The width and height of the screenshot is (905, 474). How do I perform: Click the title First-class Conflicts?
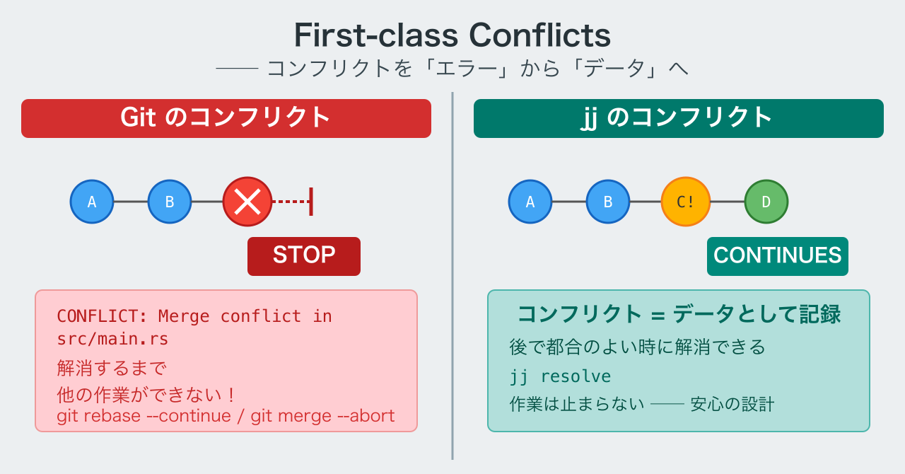(x=452, y=35)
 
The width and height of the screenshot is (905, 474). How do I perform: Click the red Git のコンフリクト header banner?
(x=226, y=119)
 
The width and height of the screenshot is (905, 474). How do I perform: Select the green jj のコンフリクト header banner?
(x=679, y=119)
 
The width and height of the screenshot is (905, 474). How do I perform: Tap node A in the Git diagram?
(x=92, y=202)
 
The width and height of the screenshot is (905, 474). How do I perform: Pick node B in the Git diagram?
(x=170, y=202)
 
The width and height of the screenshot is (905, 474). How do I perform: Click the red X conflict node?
(x=247, y=202)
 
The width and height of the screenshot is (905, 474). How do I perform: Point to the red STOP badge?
(x=304, y=256)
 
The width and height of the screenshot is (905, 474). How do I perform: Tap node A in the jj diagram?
(x=530, y=202)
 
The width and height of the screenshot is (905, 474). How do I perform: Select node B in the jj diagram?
(x=607, y=202)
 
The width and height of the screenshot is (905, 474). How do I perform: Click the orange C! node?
(x=686, y=202)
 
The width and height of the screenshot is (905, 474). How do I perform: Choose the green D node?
(x=766, y=202)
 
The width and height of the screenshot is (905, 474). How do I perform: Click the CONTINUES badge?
(x=778, y=256)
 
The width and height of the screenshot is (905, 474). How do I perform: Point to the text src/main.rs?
(x=112, y=339)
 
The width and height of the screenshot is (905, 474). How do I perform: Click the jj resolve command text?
(x=560, y=376)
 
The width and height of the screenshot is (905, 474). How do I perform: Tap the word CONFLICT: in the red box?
(x=103, y=316)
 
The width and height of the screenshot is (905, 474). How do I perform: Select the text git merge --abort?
(x=322, y=416)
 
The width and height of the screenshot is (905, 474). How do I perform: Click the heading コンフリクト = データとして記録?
(x=679, y=314)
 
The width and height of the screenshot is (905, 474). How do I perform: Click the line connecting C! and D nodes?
(x=728, y=202)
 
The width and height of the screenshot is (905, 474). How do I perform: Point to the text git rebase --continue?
(x=144, y=416)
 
